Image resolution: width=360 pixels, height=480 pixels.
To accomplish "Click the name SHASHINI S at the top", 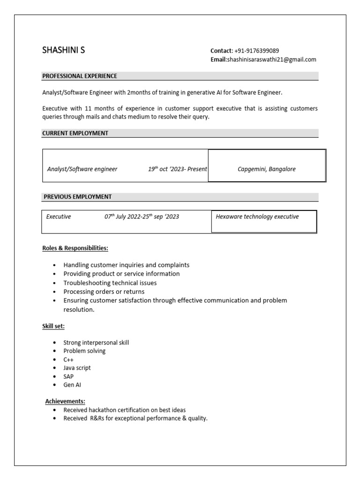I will click(64, 50).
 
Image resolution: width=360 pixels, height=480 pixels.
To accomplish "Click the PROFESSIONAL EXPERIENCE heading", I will click(80, 76).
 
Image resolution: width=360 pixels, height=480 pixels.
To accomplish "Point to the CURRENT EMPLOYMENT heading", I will click(75, 133).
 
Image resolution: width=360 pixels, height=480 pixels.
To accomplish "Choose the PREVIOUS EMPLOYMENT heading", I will click(77, 197).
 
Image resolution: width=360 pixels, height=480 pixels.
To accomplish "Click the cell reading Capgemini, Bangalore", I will click(267, 169).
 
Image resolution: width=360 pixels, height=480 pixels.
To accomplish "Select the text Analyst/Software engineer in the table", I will click(82, 169).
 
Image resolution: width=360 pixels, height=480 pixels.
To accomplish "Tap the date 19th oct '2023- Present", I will click(177, 169).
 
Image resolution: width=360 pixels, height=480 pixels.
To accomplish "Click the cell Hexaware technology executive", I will click(257, 217).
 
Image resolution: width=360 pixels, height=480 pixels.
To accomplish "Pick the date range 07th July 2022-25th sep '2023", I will click(142, 217).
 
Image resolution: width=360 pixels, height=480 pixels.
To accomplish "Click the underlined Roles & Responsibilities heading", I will click(75, 248).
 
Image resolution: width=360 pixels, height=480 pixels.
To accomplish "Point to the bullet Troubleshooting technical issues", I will click(110, 283).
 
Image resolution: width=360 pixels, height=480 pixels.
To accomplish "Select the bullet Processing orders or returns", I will click(104, 292).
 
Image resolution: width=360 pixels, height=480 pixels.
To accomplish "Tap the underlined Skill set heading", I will click(53, 326).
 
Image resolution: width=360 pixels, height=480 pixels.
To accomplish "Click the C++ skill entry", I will click(68, 360).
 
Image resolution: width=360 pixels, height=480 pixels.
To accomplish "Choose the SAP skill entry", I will click(68, 376).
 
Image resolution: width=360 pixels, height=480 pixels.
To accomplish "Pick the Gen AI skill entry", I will click(72, 385).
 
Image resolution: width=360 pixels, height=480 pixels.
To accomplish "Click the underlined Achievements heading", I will click(65, 401).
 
